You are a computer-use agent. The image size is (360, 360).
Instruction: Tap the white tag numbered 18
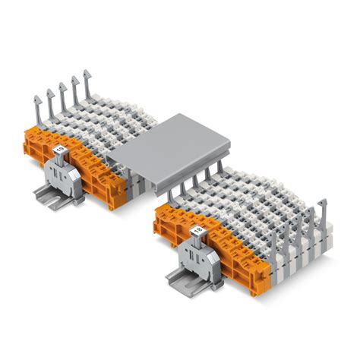click(199, 228)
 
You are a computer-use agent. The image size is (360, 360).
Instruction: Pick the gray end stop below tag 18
click(199, 250)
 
